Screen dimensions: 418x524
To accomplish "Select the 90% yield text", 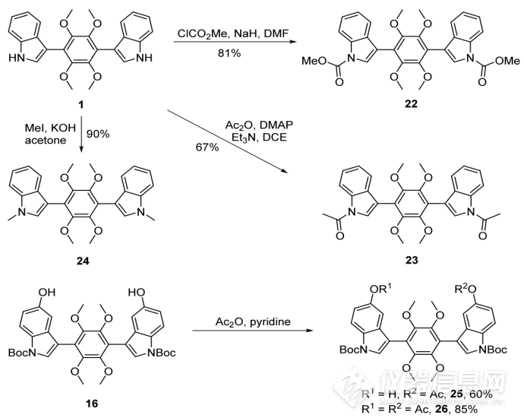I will coord(96,134).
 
